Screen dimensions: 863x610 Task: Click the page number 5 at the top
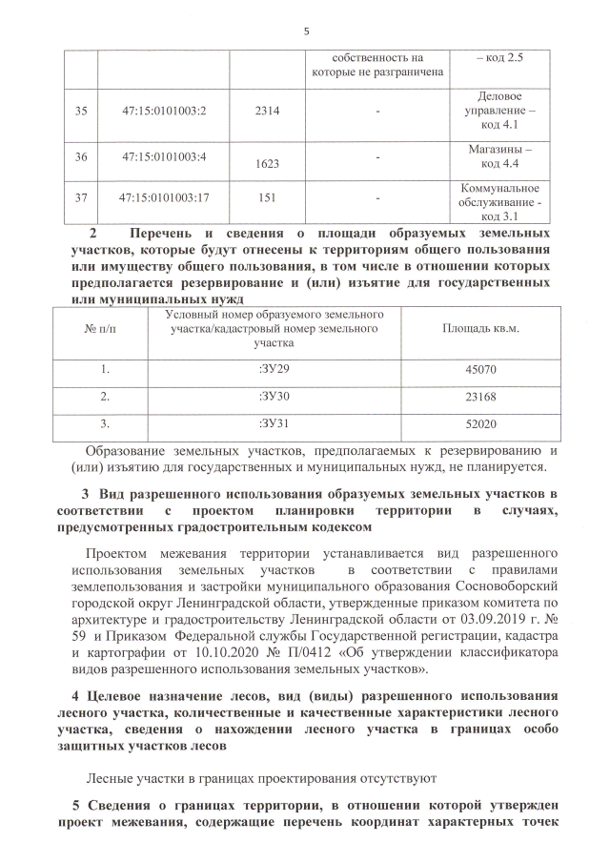pyautogui.click(x=306, y=31)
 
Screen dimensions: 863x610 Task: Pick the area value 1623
pyautogui.click(x=268, y=164)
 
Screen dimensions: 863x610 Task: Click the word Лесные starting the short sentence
pyautogui.click(x=112, y=777)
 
